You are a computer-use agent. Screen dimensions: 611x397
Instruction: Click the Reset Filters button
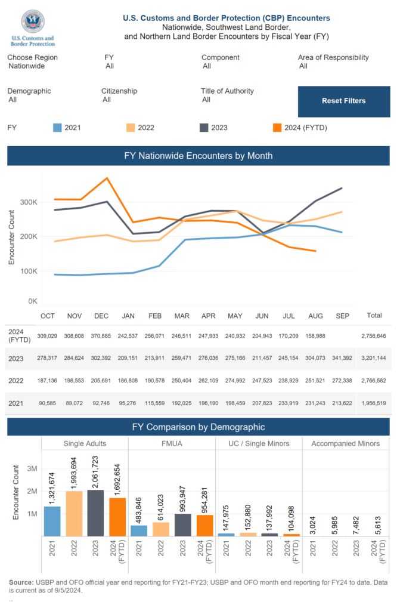pyautogui.click(x=343, y=101)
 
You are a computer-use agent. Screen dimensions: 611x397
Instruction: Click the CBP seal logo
pyautogui.click(x=32, y=21)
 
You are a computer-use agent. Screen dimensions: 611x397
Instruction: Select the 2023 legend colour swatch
pyautogui.click(x=204, y=128)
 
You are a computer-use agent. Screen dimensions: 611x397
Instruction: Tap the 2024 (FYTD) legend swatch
pyautogui.click(x=277, y=128)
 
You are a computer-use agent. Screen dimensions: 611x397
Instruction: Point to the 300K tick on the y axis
pyautogui.click(x=28, y=202)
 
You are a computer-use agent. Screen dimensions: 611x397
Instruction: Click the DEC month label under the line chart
pyautogui.click(x=101, y=316)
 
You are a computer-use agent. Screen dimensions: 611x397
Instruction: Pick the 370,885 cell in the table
pyautogui.click(x=102, y=337)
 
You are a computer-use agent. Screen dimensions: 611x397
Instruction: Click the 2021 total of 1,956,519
pyautogui.click(x=373, y=404)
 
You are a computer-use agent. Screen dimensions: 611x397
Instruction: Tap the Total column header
pyautogui.click(x=374, y=316)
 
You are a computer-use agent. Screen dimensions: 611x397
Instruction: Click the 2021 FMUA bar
pyautogui.click(x=139, y=530)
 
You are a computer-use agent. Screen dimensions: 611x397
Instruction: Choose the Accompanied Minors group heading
pyautogui.click(x=346, y=443)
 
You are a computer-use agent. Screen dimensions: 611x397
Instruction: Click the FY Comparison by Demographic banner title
pyautogui.click(x=198, y=427)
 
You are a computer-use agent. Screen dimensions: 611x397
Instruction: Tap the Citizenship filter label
pyautogui.click(x=119, y=91)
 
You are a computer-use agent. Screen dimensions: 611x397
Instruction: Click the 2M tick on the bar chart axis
pyautogui.click(x=32, y=491)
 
